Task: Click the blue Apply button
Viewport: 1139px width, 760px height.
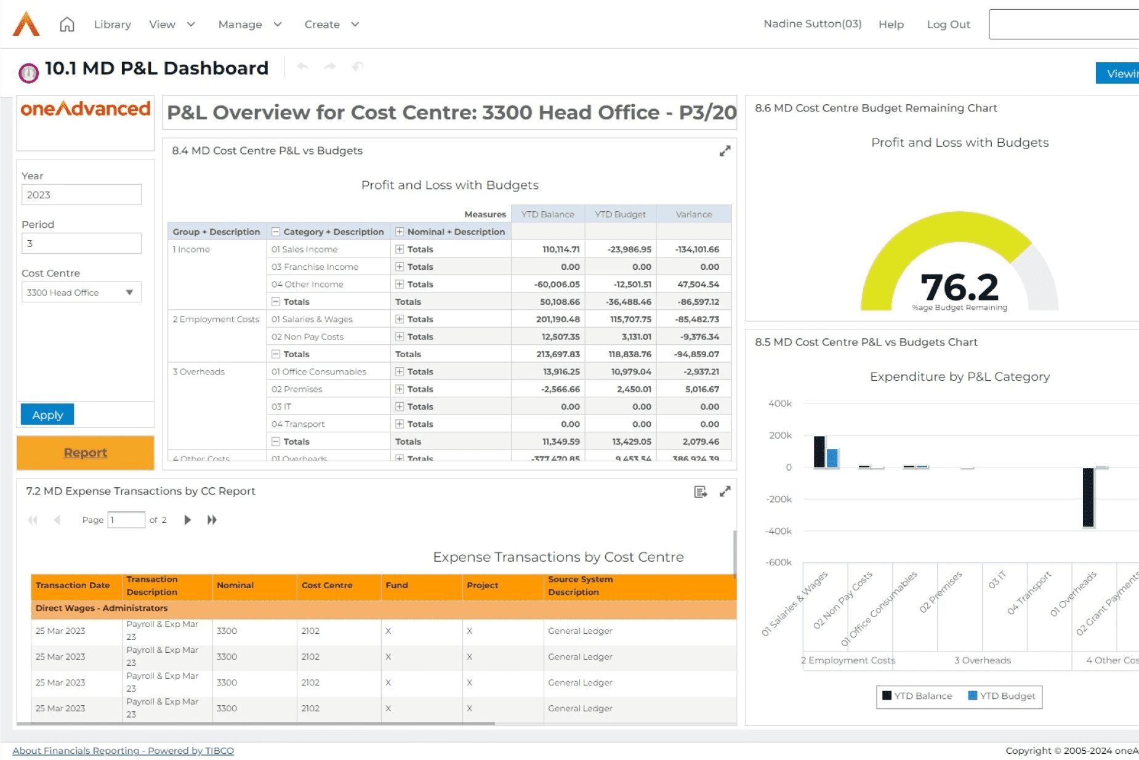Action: pos(47,414)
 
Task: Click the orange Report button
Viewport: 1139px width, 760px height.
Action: pos(85,453)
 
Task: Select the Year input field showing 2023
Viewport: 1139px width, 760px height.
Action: pos(81,195)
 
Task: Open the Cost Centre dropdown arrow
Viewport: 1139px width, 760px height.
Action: pos(129,292)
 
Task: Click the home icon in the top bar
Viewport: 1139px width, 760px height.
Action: pos(67,25)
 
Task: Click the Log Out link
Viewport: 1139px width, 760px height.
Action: pos(948,25)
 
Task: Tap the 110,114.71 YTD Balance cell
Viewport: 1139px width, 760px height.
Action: pos(560,249)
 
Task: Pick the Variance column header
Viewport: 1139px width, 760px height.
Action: pos(693,214)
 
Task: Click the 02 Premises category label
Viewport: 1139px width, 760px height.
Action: pos(297,389)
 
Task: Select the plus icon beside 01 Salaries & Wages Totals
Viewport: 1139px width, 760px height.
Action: pos(400,319)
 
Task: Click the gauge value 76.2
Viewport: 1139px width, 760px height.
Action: pos(959,287)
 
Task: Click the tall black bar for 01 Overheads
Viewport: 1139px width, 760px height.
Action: pos(1088,498)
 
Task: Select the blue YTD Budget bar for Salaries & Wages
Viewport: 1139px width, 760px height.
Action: pos(832,458)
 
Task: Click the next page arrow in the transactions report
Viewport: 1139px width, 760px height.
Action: pos(188,520)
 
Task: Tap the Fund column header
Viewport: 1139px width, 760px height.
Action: pos(396,585)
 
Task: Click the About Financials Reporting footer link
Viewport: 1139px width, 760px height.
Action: pos(123,750)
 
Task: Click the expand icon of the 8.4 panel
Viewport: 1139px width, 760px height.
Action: pos(725,151)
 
